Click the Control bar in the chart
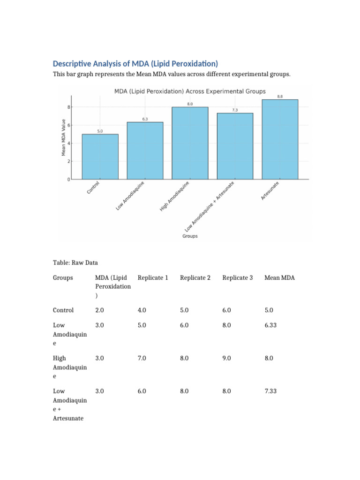tap(100, 157)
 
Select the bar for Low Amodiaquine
tap(145, 150)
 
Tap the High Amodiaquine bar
tap(190, 143)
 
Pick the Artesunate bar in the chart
tap(280, 139)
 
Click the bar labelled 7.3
tap(235, 146)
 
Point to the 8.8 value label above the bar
tap(280, 97)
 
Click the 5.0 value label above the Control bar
tap(100, 131)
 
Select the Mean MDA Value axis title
tap(63, 137)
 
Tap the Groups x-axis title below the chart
tap(190, 236)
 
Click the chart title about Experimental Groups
tap(190, 91)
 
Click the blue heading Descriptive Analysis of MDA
tap(135, 64)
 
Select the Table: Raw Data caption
tap(75, 262)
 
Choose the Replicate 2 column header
tap(195, 277)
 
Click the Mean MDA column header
tap(280, 277)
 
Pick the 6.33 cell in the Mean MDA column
tap(270, 325)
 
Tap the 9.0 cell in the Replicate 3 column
tap(226, 358)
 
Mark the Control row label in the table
tap(63, 310)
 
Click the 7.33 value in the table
tap(270, 391)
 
